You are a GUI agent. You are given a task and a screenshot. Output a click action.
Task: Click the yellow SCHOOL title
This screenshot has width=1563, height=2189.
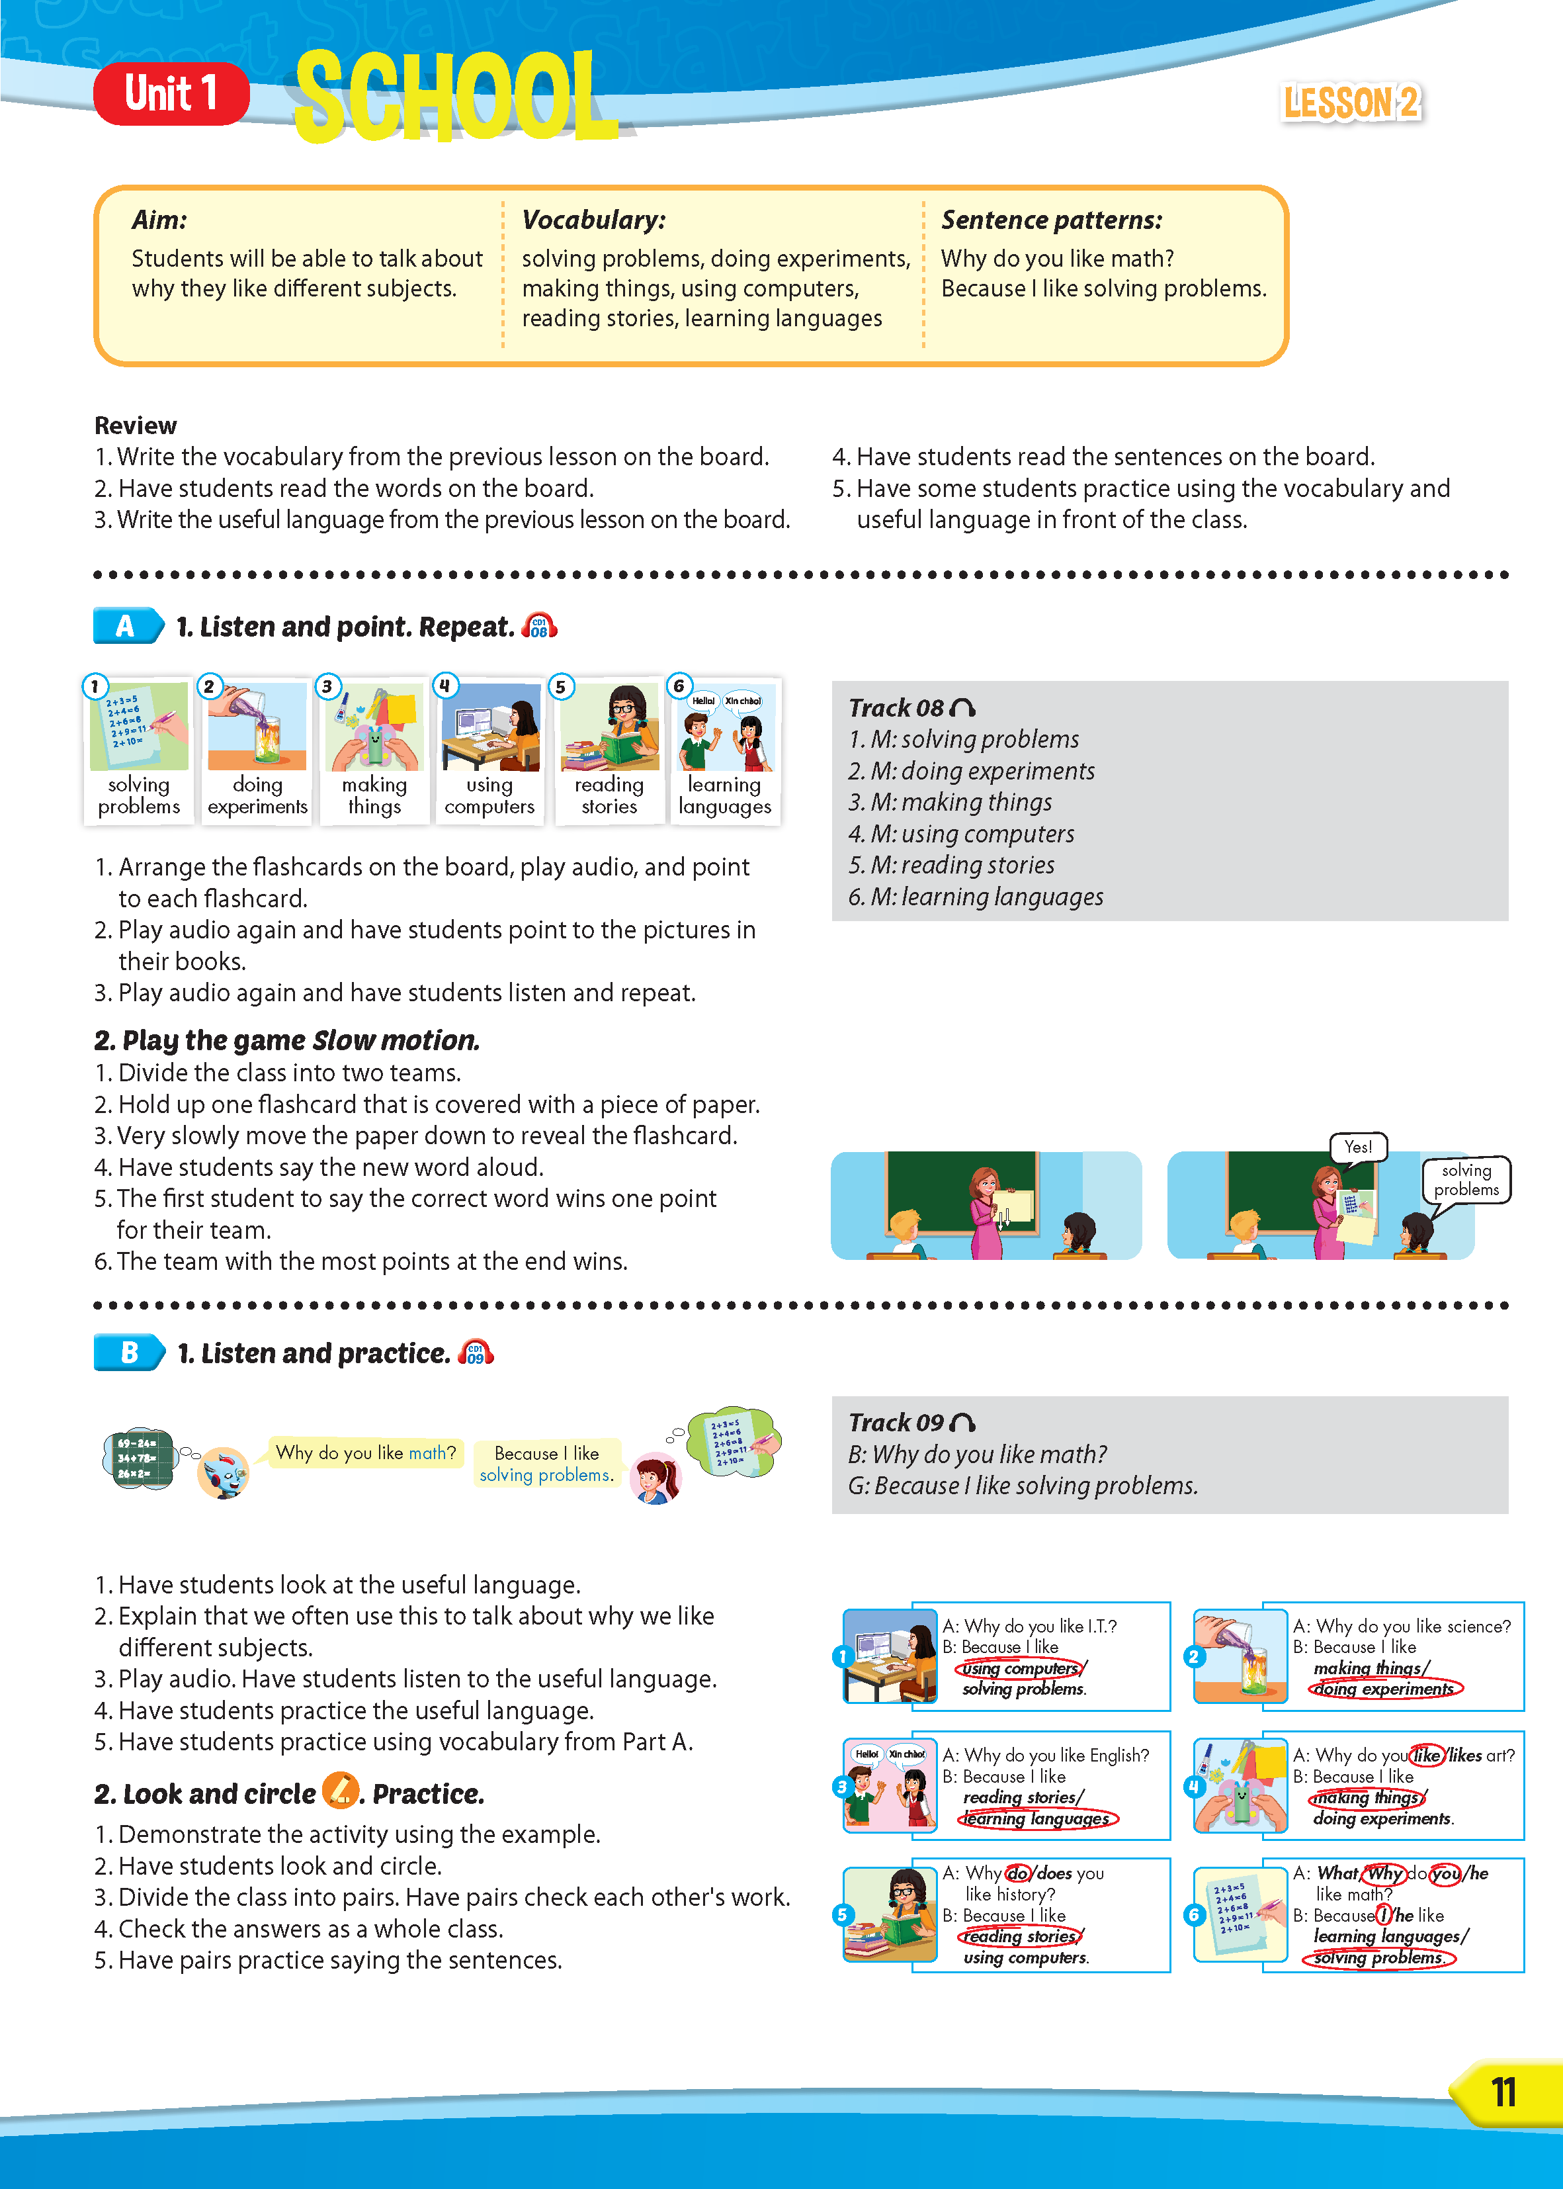pos(454,96)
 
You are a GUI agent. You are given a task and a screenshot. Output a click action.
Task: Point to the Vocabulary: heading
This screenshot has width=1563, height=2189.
pos(593,220)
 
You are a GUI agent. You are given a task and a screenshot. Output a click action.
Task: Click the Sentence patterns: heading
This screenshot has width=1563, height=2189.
pos(1051,220)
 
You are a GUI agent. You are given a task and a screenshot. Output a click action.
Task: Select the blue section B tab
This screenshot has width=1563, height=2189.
pos(129,1353)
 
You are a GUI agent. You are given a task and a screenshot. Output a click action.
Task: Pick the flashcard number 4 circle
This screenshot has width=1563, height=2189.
pos(444,686)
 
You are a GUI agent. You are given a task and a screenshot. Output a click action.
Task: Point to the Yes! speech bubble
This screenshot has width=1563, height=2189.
pos(1358,1147)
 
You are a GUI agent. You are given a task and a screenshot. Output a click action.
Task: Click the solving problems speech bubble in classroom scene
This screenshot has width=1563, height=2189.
pos(1466,1180)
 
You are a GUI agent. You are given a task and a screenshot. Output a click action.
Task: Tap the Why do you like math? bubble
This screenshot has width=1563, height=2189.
pos(366,1452)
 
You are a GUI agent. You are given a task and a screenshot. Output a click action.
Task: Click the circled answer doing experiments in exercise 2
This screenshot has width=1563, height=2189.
pos(1385,1689)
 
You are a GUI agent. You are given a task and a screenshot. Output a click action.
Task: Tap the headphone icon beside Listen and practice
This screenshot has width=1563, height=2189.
pos(476,1353)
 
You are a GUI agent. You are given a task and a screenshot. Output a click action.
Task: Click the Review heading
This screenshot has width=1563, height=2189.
pos(136,425)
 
